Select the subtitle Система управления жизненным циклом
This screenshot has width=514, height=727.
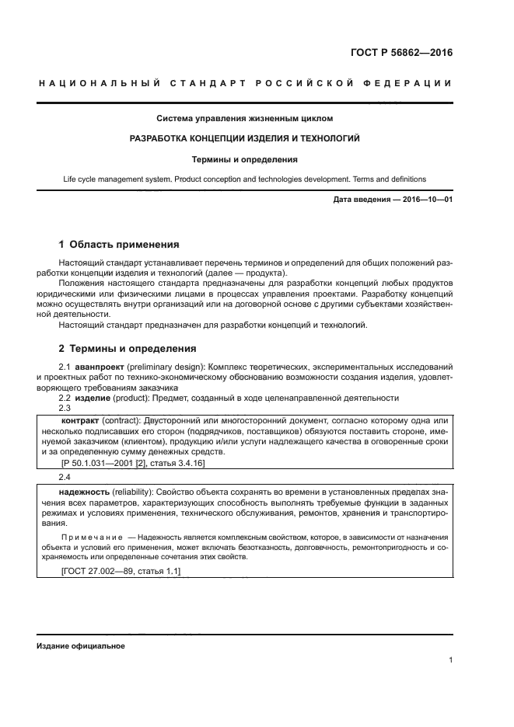[x=245, y=119]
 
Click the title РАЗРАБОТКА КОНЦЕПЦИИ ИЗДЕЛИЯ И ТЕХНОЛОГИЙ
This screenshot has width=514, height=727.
[x=245, y=138]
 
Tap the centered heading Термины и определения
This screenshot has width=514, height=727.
[x=245, y=158]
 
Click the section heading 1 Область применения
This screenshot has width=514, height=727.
[x=119, y=244]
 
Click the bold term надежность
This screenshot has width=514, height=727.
[x=86, y=492]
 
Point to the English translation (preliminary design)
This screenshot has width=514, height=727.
[x=170, y=365]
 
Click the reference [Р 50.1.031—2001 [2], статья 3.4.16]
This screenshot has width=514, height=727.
[x=132, y=463]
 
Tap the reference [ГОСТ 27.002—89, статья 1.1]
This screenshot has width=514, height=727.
[x=121, y=571]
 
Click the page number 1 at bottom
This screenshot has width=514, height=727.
[x=450, y=660]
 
